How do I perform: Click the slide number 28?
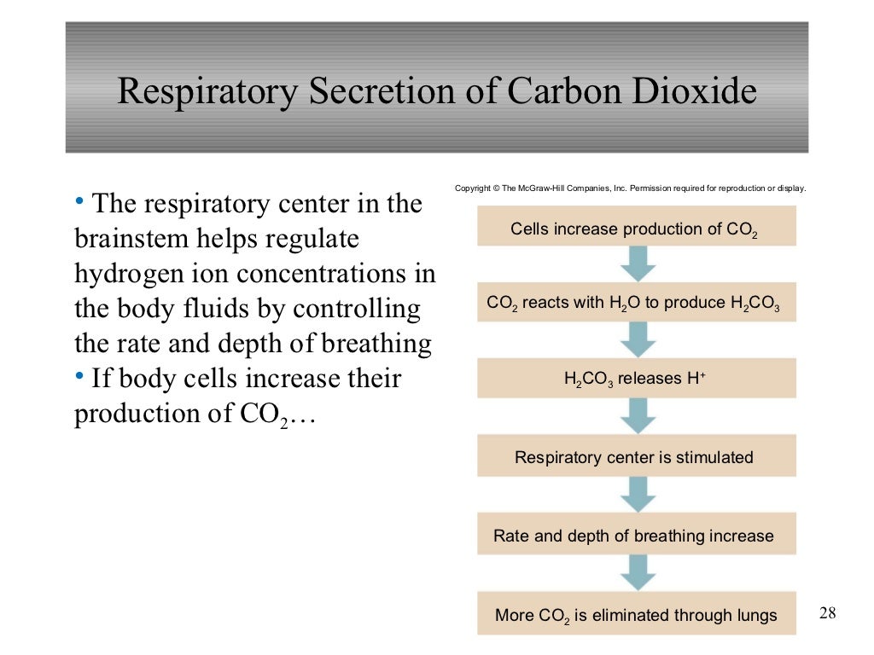coord(827,612)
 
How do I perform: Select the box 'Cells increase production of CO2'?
coord(636,227)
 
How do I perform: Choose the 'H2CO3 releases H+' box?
coord(636,379)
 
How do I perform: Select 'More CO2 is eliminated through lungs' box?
coord(636,614)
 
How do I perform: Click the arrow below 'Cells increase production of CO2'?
coord(638,264)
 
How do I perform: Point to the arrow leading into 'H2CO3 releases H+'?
coord(638,339)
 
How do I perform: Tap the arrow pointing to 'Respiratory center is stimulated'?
coord(638,416)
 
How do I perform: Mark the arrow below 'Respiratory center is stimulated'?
coord(638,495)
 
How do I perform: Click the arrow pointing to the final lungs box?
coord(638,572)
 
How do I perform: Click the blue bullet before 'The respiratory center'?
coord(79,201)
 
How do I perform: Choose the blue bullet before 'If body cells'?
coord(79,375)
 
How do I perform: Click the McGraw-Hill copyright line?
coord(630,188)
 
